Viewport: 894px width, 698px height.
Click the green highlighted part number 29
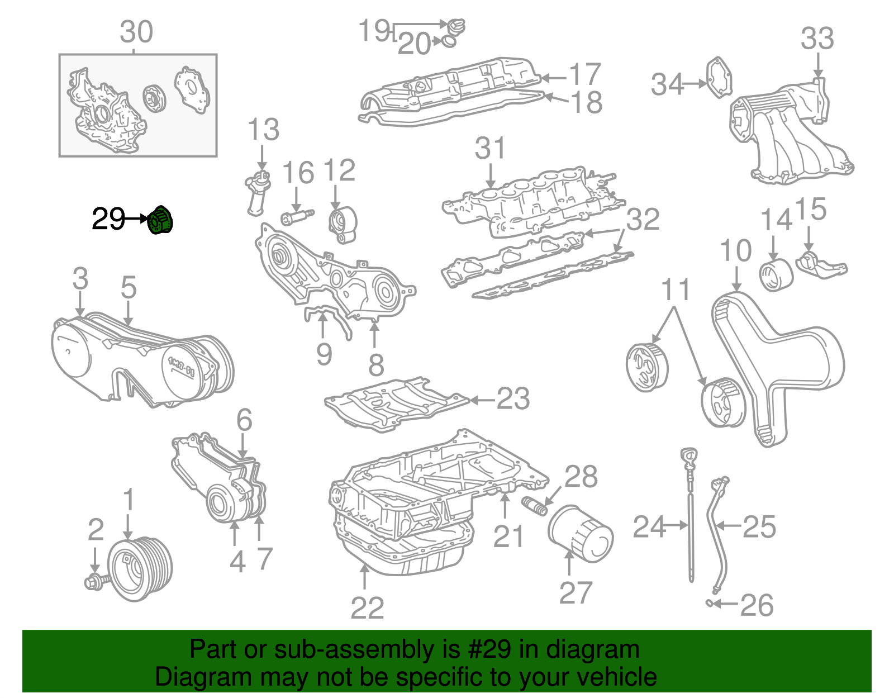(161, 221)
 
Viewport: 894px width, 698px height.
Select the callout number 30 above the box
(136, 32)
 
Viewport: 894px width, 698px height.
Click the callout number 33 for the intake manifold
(817, 39)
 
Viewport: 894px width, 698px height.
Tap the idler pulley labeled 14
(776, 275)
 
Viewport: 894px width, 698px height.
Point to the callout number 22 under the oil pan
(367, 608)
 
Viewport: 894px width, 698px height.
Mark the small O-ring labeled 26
(708, 603)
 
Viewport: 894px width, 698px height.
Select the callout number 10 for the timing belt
(736, 250)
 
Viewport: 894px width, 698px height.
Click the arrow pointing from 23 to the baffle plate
(482, 400)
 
